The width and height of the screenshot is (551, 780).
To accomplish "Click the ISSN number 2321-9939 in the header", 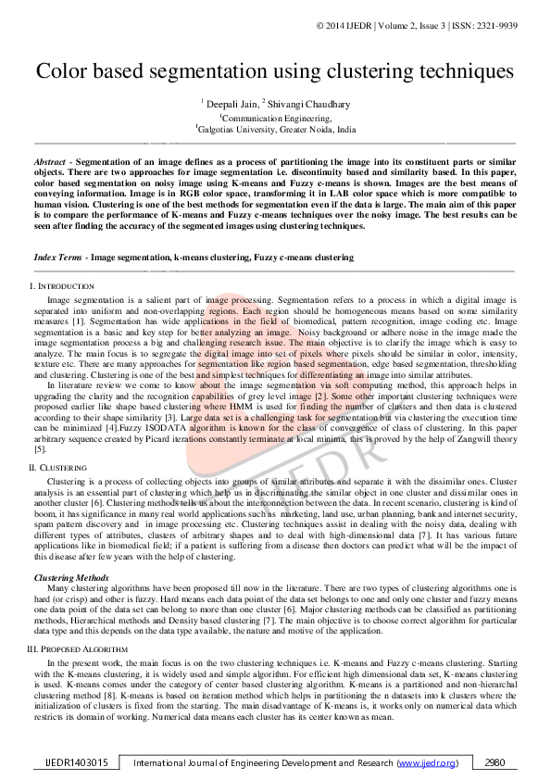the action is click(x=518, y=25).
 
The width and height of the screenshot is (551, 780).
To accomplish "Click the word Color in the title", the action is click(x=65, y=71).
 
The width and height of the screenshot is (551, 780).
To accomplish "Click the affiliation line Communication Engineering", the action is click(x=276, y=118).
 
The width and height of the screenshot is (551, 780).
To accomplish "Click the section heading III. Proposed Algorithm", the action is click(x=78, y=648).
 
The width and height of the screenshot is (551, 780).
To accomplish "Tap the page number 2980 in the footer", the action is click(x=495, y=762).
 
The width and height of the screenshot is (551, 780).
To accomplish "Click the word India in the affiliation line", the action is click(x=346, y=131).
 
